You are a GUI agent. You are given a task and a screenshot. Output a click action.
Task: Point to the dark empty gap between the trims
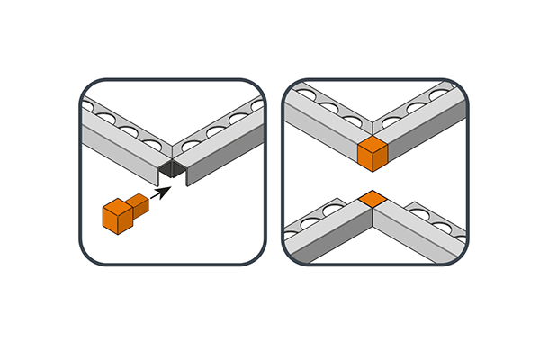pyautogui.click(x=173, y=169)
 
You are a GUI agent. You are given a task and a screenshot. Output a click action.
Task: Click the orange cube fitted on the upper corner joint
pyautogui.click(x=372, y=154)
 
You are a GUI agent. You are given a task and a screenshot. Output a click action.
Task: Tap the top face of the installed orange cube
pyautogui.click(x=372, y=145)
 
